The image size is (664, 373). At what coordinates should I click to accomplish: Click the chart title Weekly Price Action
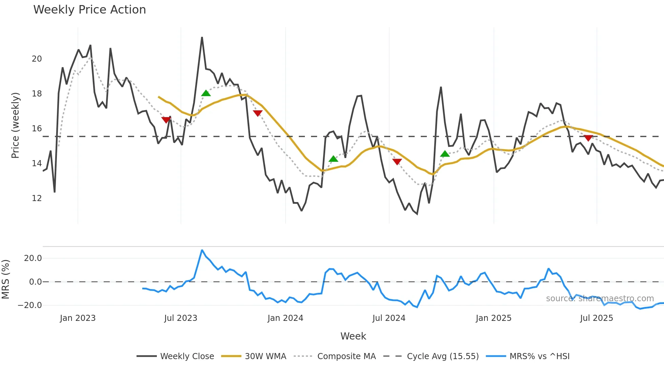[89, 10]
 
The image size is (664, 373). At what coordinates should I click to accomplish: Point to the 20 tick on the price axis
[37, 59]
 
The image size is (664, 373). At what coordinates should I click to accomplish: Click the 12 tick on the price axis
[37, 198]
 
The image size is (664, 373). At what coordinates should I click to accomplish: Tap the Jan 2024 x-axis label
[285, 318]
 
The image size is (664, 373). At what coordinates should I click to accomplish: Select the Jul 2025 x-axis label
[596, 318]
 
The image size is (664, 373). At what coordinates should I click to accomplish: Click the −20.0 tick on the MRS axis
[30, 305]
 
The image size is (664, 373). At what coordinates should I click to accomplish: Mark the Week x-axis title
[353, 336]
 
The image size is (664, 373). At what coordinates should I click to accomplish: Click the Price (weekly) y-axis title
[15, 125]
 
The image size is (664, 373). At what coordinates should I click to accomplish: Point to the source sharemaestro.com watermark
[600, 299]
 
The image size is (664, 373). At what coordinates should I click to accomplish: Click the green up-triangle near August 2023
[206, 93]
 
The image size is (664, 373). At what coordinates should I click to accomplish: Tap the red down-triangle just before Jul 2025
[588, 138]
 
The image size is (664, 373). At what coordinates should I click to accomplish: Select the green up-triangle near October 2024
[445, 154]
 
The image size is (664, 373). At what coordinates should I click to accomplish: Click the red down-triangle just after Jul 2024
[397, 161]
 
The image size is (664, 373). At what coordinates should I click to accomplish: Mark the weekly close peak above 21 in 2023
[202, 38]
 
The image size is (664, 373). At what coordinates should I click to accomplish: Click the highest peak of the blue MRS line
[202, 250]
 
